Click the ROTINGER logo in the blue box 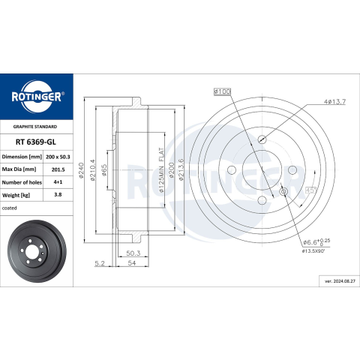click(37, 97)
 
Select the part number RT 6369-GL click(36, 142)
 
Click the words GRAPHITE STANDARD click(35, 127)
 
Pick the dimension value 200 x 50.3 click(58, 157)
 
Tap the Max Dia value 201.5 click(58, 169)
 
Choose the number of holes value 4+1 click(58, 182)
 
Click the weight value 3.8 click(58, 194)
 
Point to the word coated click(10, 208)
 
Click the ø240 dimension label click(81, 170)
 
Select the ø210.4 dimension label click(92, 170)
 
